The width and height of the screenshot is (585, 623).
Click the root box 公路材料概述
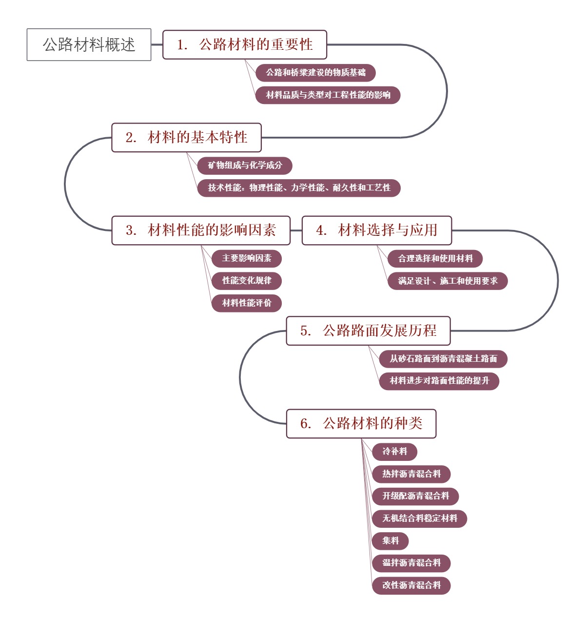[x=89, y=44]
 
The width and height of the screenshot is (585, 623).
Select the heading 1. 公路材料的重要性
[x=244, y=44]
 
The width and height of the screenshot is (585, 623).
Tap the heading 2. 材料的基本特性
[x=186, y=137]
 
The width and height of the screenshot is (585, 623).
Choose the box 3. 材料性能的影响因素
[x=201, y=230]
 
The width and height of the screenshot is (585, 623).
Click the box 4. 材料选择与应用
[x=376, y=230]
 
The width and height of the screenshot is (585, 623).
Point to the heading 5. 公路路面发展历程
[x=368, y=331]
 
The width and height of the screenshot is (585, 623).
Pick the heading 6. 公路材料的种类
[x=361, y=423]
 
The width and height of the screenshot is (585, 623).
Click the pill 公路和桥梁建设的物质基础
[x=315, y=73]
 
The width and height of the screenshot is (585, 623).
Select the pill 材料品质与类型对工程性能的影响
[x=328, y=95]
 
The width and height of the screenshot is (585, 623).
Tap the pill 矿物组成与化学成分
[x=245, y=166]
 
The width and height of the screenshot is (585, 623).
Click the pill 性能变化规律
[x=247, y=281]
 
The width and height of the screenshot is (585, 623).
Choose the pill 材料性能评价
[x=247, y=303]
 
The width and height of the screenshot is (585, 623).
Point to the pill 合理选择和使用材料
[x=435, y=258]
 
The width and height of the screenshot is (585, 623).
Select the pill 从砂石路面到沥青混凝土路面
[x=443, y=359]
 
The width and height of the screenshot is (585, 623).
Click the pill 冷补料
[x=394, y=452]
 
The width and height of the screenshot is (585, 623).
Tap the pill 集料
[x=390, y=540]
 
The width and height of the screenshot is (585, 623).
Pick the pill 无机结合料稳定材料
[x=419, y=519]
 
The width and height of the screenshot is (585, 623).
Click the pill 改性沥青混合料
[x=411, y=585]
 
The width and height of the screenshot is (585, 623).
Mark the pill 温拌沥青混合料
[x=411, y=563]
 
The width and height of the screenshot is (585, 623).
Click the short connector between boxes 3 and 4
[x=296, y=230]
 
